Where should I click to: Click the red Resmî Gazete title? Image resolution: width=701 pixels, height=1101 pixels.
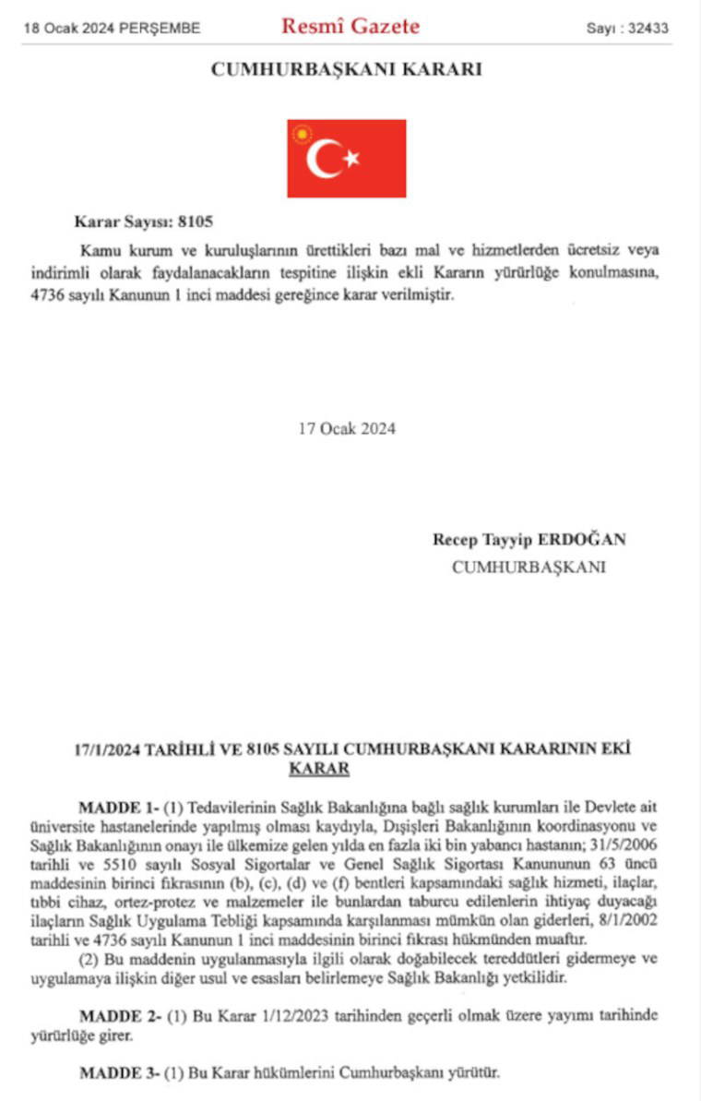point(350,26)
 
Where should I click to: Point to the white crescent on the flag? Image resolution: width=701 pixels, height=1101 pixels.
point(324,159)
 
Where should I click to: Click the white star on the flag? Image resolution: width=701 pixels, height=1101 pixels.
point(351,159)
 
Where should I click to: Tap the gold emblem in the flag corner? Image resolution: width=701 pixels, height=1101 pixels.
point(301,135)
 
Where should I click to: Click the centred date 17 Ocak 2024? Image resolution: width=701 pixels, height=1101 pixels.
point(347,428)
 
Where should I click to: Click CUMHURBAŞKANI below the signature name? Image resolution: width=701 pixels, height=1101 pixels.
point(529,568)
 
